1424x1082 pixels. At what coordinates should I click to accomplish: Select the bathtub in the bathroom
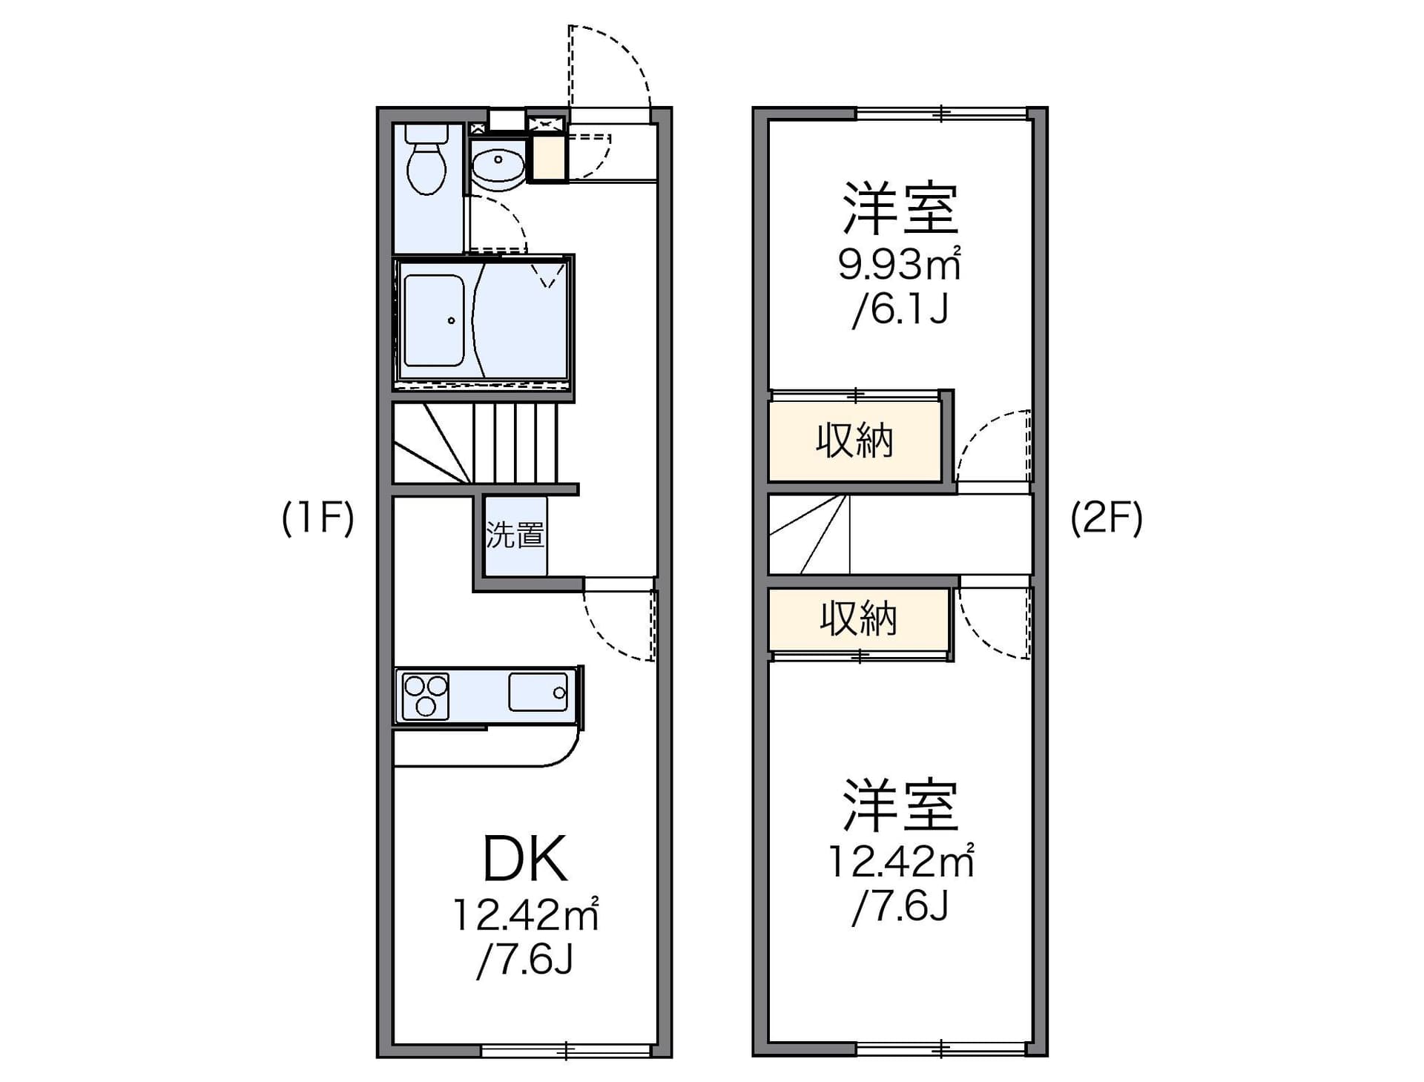click(x=434, y=320)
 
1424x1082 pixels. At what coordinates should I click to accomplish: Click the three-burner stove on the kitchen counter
click(x=425, y=696)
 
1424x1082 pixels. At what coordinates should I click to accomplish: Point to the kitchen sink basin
click(x=538, y=692)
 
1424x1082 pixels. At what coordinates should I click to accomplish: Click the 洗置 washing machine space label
click(x=515, y=535)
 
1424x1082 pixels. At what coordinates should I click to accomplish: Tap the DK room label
click(x=525, y=859)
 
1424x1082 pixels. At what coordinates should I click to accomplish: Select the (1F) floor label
click(x=318, y=518)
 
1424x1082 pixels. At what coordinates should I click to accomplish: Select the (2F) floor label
click(x=1106, y=518)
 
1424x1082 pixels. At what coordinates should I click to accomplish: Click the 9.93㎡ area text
click(x=899, y=264)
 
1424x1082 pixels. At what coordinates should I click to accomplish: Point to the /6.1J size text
click(x=900, y=309)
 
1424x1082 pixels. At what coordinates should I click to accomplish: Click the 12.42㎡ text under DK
click(x=525, y=915)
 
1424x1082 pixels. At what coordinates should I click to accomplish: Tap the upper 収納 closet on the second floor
click(x=854, y=441)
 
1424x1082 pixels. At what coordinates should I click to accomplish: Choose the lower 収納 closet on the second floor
click(x=858, y=618)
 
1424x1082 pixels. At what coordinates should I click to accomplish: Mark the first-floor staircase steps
click(x=475, y=443)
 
